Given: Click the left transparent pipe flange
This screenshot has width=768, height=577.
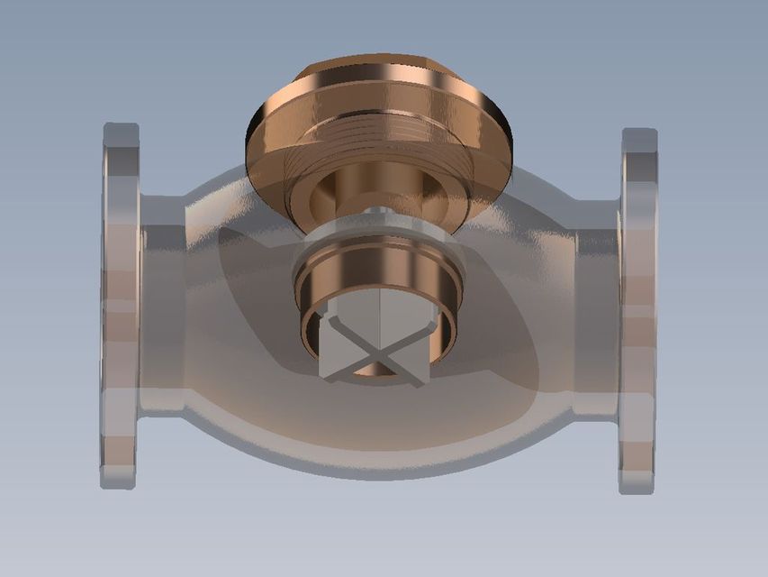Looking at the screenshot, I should (120, 307).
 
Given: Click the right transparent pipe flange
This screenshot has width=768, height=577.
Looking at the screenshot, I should (637, 311).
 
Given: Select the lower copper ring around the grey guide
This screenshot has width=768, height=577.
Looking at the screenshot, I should (378, 270).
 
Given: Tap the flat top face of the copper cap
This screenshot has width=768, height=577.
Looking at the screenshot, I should (378, 65).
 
